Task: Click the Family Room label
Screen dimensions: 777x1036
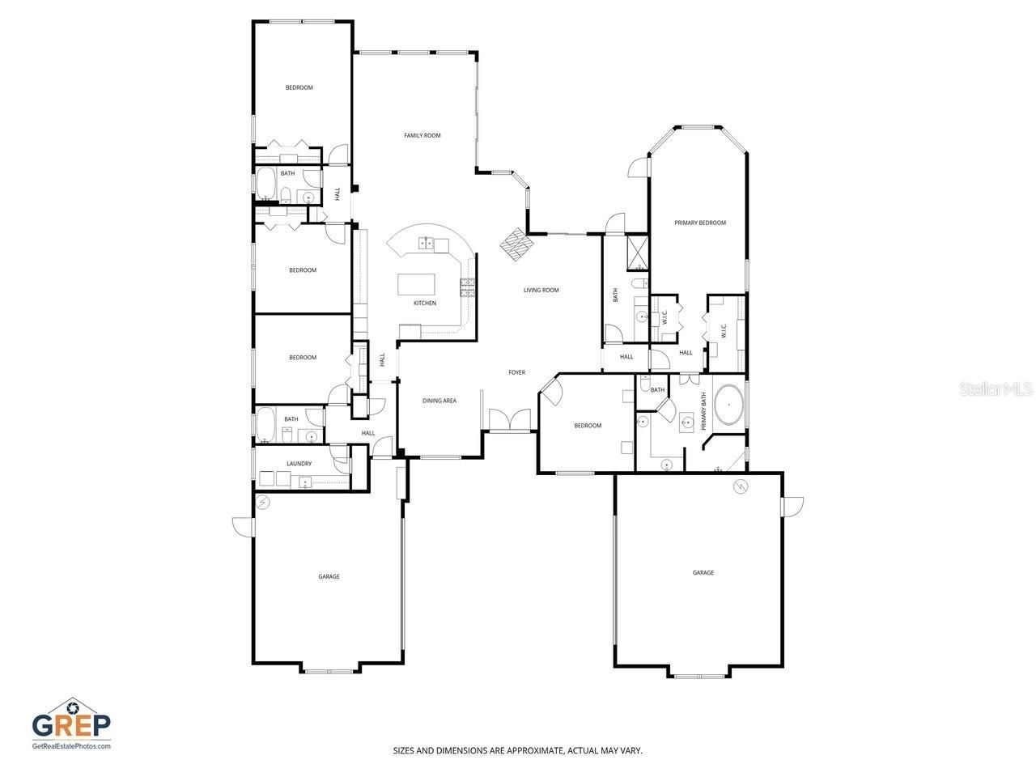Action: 422,135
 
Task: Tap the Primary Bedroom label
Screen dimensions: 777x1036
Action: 700,223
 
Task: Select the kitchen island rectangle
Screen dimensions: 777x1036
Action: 416,285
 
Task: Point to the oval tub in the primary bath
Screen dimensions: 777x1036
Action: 729,405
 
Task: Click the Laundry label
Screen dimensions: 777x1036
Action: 299,464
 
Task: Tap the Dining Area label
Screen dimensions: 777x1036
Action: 439,401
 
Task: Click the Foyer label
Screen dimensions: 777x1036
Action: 516,372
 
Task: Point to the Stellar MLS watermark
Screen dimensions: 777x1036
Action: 995,389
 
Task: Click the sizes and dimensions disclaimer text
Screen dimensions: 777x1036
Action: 518,751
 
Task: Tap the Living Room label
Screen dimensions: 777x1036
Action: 541,290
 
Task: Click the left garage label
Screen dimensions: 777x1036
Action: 329,576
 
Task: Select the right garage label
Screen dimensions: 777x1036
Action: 703,572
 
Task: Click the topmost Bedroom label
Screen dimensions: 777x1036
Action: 299,87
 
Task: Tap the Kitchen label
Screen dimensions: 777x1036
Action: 425,303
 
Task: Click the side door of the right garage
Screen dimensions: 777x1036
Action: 792,506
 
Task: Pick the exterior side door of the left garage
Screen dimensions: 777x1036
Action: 243,526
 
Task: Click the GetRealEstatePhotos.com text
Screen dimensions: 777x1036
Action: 71,746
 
